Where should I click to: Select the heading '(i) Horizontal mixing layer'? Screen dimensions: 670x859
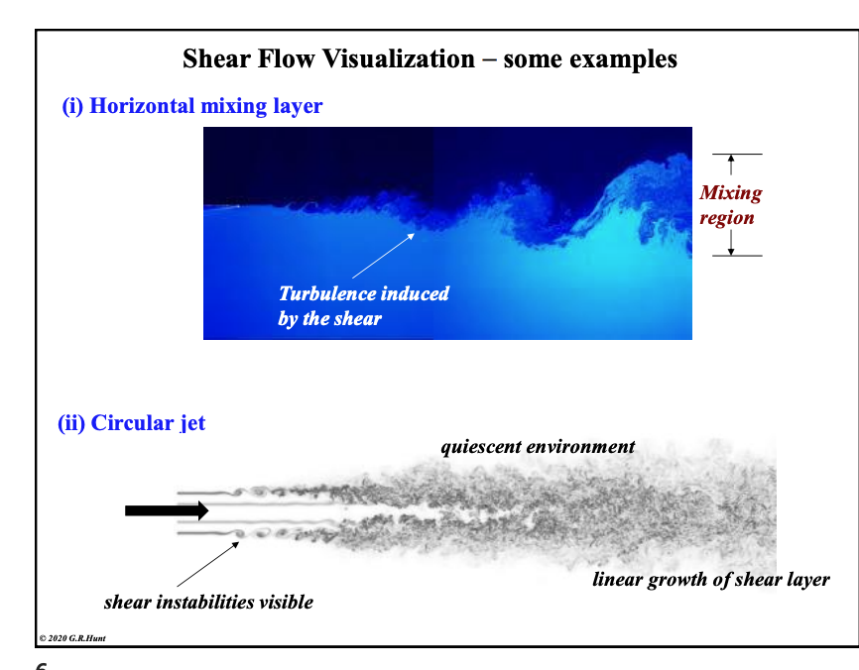point(192,106)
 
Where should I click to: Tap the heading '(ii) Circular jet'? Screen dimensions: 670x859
point(132,423)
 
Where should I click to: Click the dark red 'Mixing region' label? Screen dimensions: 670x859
point(730,205)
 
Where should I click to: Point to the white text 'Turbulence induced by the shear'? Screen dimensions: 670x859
point(363,306)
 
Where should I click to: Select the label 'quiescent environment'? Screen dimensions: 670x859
point(537,446)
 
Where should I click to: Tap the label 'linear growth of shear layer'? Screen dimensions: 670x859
point(710,580)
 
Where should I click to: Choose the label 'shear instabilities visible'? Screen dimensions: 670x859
point(208,602)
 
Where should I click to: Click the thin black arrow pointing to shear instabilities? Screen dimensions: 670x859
point(208,563)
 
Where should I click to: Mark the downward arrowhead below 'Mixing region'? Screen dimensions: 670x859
point(731,249)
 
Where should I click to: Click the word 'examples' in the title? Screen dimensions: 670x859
point(621,59)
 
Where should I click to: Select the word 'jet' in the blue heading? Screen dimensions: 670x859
point(192,423)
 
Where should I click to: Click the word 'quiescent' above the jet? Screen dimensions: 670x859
point(480,446)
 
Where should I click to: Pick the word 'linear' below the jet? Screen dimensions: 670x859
point(618,580)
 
